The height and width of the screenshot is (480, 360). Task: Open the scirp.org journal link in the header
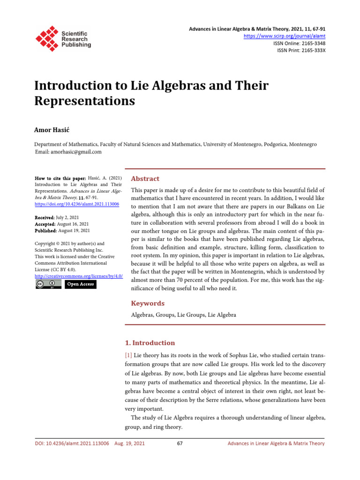click(x=285, y=36)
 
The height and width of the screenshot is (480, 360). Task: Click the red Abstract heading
click(x=145, y=179)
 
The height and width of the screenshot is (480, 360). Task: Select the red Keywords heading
click(x=148, y=303)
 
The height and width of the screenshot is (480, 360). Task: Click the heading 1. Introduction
click(x=153, y=343)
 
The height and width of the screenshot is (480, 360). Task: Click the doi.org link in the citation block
click(x=77, y=205)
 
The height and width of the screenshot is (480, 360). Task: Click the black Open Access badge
click(x=80, y=285)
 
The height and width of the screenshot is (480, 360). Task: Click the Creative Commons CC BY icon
click(x=48, y=285)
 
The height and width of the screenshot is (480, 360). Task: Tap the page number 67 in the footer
click(x=180, y=443)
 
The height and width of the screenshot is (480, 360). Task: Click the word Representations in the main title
click(x=85, y=101)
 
